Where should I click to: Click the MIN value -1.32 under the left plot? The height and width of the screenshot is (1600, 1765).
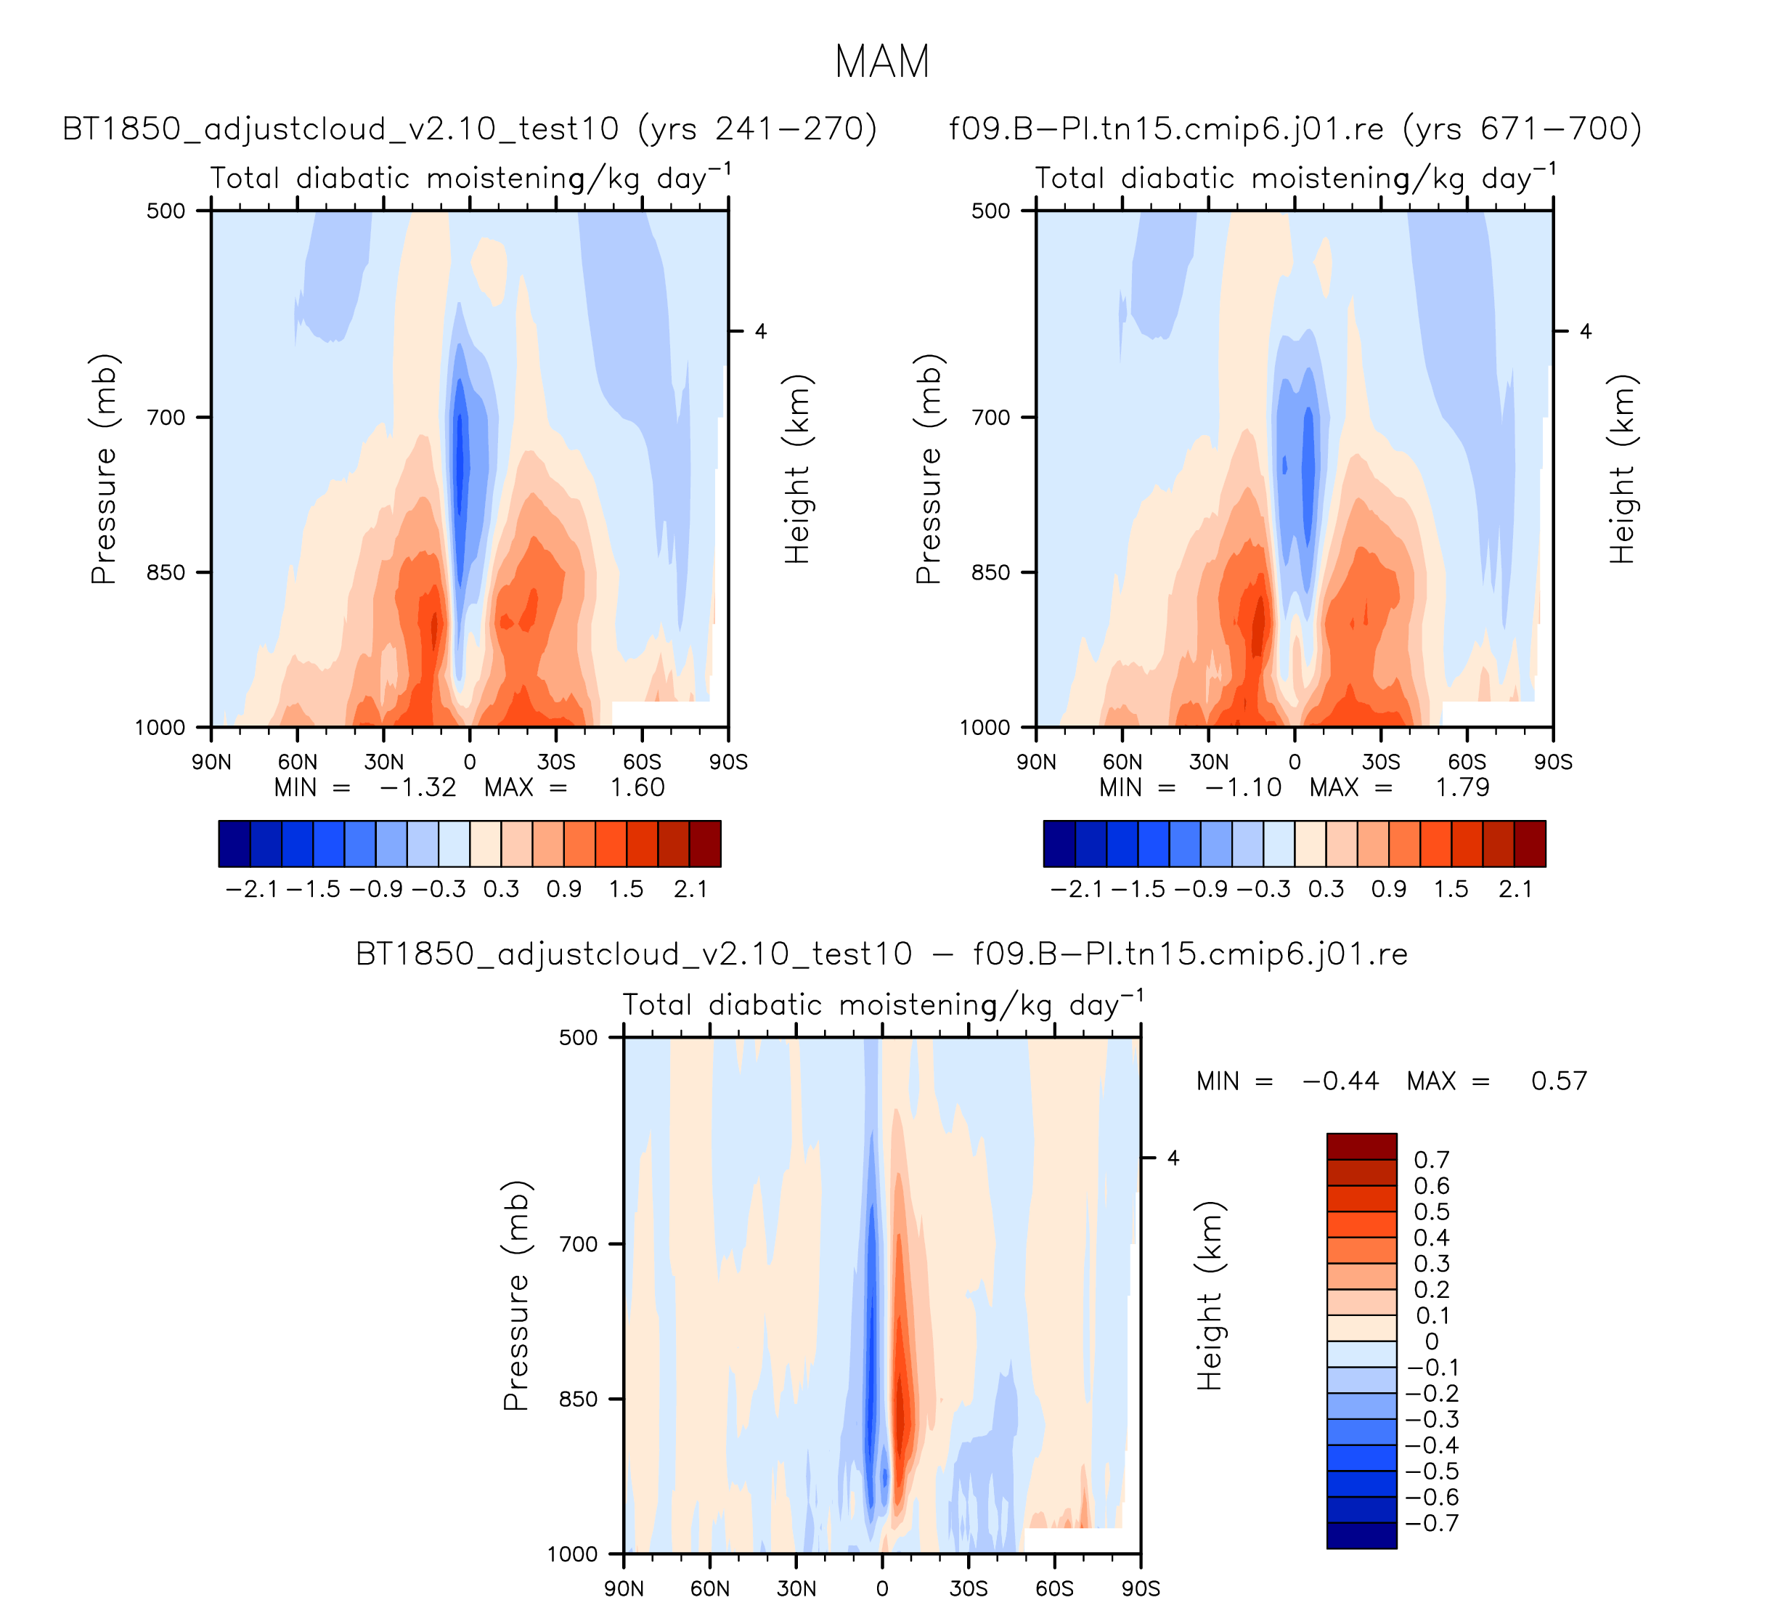pyautogui.click(x=417, y=787)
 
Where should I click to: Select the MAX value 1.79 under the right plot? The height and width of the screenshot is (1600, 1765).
pyautogui.click(x=1462, y=787)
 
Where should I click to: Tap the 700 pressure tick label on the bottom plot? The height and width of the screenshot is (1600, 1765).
pyautogui.click(x=579, y=1243)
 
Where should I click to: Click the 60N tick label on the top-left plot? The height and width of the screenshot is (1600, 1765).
pyautogui.click(x=298, y=762)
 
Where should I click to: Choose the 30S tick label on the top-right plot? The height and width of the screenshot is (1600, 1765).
pyautogui.click(x=1381, y=762)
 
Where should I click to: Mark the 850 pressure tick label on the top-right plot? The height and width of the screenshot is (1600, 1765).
pyautogui.click(x=991, y=572)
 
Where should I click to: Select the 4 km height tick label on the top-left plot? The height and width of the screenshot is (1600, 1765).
pyautogui.click(x=761, y=331)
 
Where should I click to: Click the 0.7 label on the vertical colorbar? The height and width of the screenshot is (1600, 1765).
pyautogui.click(x=1432, y=1159)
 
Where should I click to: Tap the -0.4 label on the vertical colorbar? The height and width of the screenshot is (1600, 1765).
pyautogui.click(x=1432, y=1445)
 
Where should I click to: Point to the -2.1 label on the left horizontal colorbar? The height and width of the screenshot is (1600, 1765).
pyautogui.click(x=251, y=890)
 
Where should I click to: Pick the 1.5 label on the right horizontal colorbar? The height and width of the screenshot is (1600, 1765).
pyautogui.click(x=1451, y=890)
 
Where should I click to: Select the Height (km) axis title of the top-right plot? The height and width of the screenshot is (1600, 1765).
pyautogui.click(x=1621, y=468)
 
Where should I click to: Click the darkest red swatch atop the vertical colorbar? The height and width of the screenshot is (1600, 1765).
pyautogui.click(x=1361, y=1145)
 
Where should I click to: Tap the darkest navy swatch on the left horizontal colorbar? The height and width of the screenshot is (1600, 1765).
pyautogui.click(x=234, y=843)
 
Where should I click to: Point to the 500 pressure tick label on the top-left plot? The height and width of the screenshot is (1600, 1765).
pyautogui.click(x=166, y=210)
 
